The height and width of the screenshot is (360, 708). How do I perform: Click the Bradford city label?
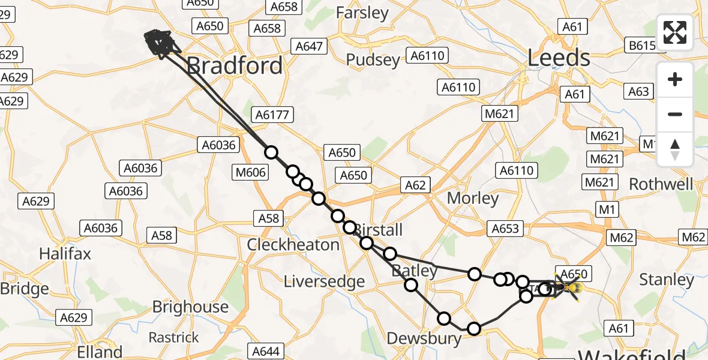click(x=235, y=65)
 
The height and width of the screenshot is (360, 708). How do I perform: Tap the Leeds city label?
click(x=559, y=58)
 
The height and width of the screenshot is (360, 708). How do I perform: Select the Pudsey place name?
click(x=373, y=60)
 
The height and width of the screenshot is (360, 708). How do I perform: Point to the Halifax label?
click(x=65, y=254)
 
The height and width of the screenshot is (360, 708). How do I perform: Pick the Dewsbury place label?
click(x=424, y=338)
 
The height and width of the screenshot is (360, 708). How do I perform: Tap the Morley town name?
click(x=473, y=198)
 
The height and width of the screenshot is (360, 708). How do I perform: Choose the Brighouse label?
click(x=190, y=307)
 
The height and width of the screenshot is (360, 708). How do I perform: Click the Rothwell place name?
click(x=661, y=184)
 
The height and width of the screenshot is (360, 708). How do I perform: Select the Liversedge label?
click(x=324, y=281)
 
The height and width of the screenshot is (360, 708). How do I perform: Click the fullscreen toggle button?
click(x=675, y=32)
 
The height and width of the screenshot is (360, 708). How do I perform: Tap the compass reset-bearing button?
click(x=675, y=149)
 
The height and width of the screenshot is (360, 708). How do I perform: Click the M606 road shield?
click(x=249, y=173)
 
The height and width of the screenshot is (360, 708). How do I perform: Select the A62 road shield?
click(x=415, y=185)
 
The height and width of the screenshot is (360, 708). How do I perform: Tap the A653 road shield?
click(x=505, y=229)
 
